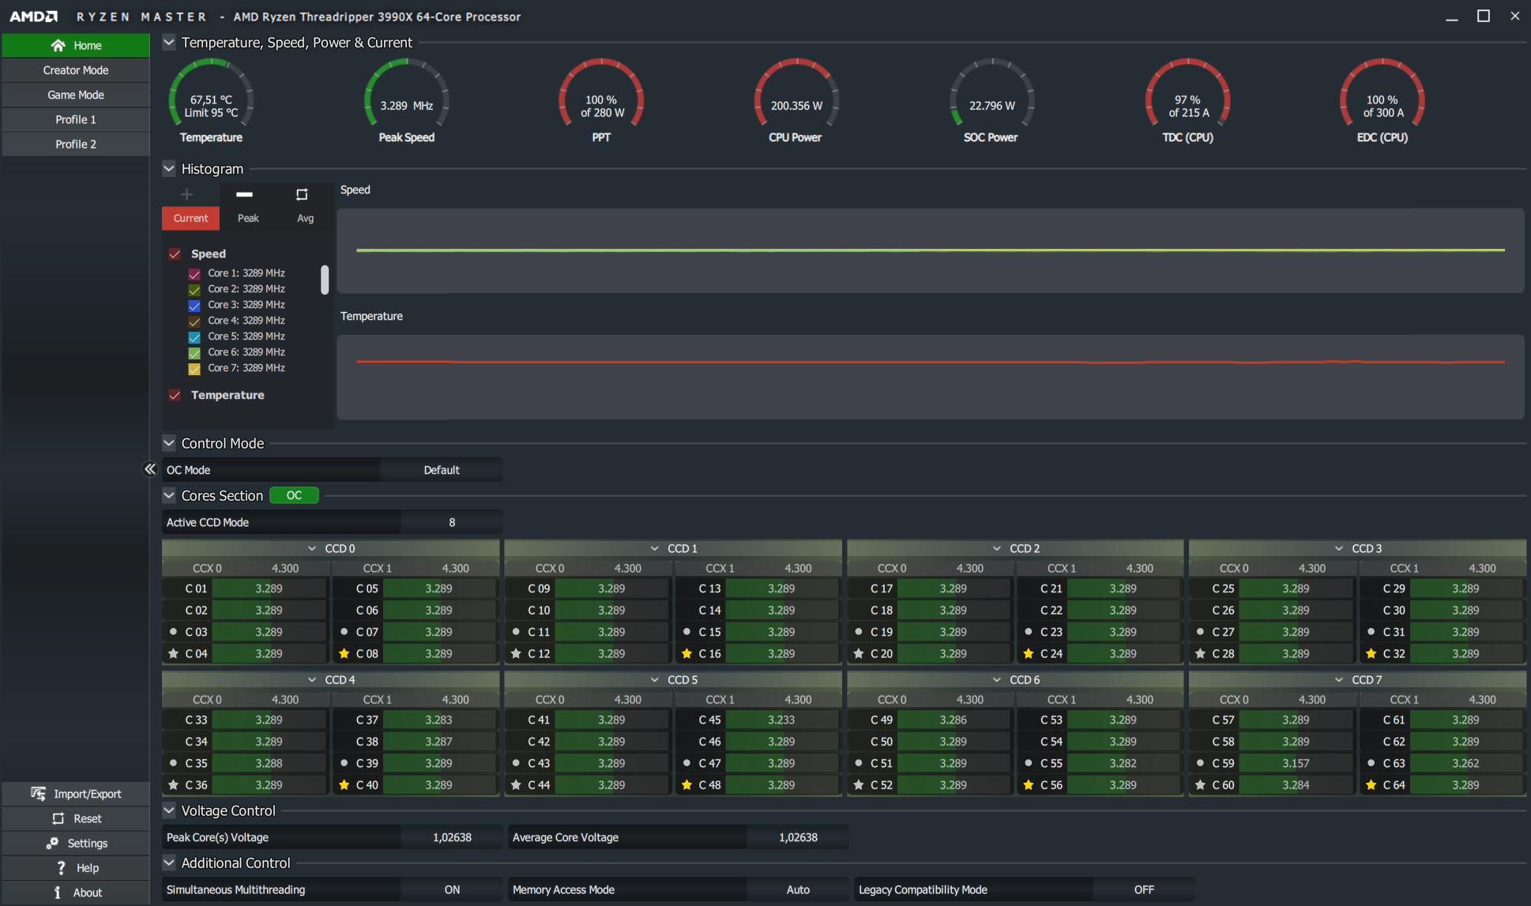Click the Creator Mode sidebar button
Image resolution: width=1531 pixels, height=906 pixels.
click(76, 70)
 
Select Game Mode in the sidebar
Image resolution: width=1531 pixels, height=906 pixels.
click(76, 95)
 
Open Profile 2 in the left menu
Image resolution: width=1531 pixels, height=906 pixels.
click(76, 145)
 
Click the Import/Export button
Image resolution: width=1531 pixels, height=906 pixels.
click(76, 794)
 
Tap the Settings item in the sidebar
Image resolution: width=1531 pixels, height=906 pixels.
click(76, 844)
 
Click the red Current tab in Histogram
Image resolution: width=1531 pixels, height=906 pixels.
click(190, 218)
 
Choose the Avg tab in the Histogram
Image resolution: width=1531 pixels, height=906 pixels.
click(305, 218)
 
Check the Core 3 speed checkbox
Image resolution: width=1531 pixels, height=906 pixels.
click(194, 306)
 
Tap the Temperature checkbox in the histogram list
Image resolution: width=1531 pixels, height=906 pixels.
click(175, 395)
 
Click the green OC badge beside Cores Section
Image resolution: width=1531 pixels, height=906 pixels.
click(294, 495)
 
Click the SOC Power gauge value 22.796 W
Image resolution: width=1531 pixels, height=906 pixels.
click(991, 106)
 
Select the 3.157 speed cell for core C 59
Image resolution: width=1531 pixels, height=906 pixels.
click(1296, 763)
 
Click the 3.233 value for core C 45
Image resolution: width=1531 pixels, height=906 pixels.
click(781, 720)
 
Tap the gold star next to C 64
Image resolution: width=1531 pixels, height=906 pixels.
click(1371, 785)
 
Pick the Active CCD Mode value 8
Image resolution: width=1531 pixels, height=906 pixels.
click(452, 522)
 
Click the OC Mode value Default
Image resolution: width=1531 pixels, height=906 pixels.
click(441, 470)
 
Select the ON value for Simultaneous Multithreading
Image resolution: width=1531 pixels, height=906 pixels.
click(452, 889)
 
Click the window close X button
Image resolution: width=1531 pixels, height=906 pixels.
click(1514, 16)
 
